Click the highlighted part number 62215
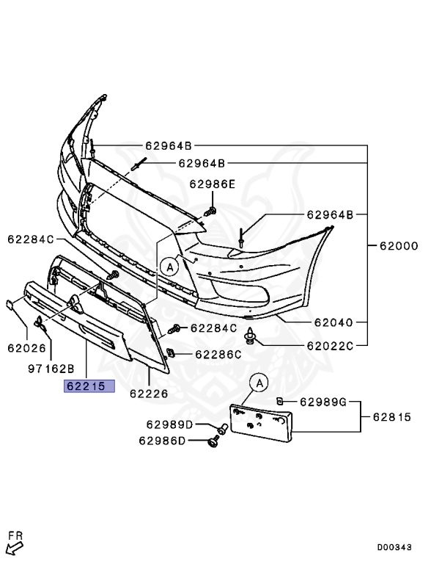86,386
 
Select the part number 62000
399,246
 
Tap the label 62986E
212,184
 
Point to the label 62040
334,322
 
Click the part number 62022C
330,346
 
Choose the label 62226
149,394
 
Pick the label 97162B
51,369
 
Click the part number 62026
26,348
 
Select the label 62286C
218,355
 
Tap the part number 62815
391,417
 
